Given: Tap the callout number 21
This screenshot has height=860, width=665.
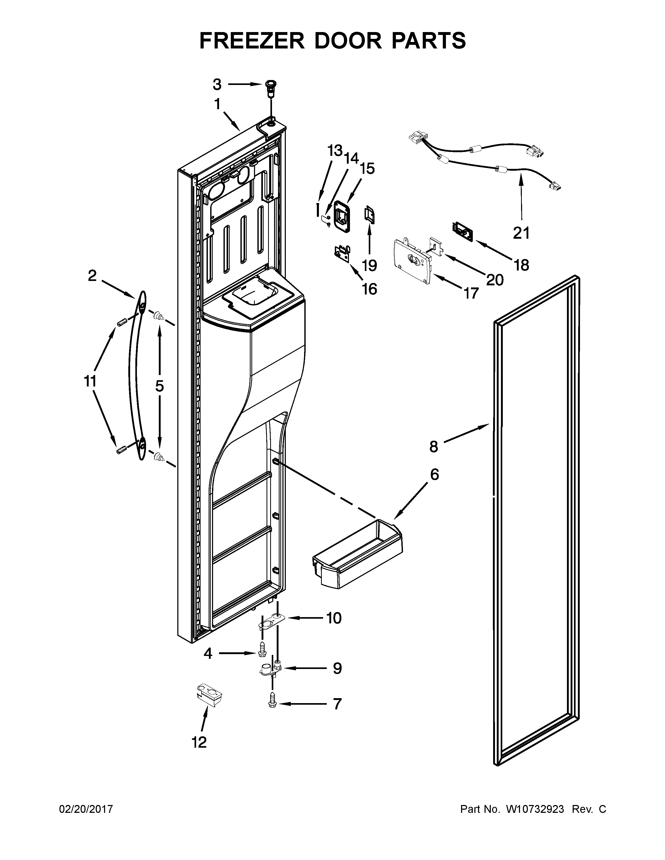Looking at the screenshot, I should [x=521, y=233].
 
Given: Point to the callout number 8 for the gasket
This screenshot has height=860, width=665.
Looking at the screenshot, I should [x=433, y=447].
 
